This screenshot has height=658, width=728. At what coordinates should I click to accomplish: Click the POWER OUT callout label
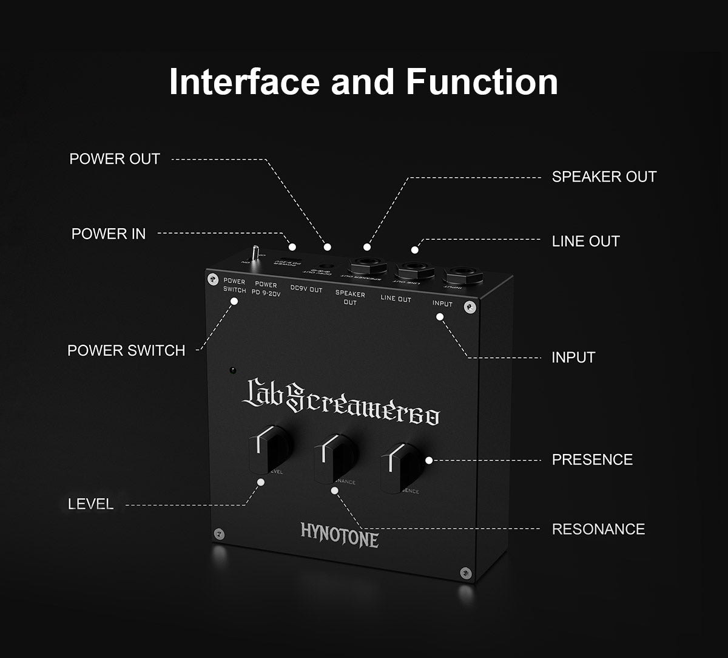pyautogui.click(x=115, y=159)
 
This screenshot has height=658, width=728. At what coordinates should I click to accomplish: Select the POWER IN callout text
pyautogui.click(x=109, y=234)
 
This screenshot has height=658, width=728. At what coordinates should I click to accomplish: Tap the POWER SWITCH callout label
pyautogui.click(x=126, y=351)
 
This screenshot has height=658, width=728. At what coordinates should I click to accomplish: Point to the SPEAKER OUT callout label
pyautogui.click(x=604, y=177)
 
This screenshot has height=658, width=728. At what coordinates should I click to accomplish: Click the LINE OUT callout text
pyautogui.click(x=585, y=241)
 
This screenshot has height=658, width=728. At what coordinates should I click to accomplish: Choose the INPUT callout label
pyautogui.click(x=573, y=358)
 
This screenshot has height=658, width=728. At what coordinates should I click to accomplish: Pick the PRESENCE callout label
pyautogui.click(x=592, y=460)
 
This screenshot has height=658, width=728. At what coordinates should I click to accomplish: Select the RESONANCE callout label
pyautogui.click(x=598, y=529)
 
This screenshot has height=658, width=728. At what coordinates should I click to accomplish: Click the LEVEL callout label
pyautogui.click(x=90, y=504)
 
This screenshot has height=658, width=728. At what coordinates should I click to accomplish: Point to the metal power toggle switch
pyautogui.click(x=257, y=253)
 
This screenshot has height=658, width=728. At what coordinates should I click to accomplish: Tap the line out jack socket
pyautogui.click(x=415, y=269)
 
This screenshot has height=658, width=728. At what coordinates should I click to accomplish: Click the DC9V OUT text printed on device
pyautogui.click(x=306, y=290)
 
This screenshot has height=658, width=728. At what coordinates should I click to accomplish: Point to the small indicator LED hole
pyautogui.click(x=232, y=369)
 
